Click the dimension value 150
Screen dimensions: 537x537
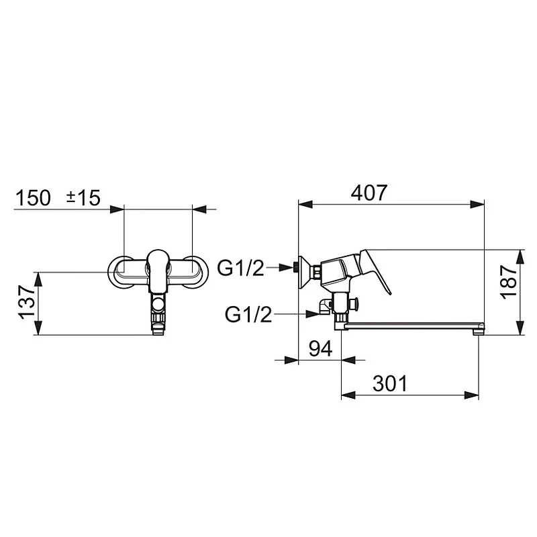pos(33,197)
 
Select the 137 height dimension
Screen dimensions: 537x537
pos(26,303)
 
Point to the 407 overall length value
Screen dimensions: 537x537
pos(369,193)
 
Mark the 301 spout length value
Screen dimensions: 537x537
pos(390,383)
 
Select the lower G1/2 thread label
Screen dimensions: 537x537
pos(248,313)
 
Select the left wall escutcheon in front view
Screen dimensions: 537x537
pos(121,272)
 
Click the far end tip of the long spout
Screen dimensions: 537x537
pos(478,329)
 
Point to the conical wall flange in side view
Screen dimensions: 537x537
pos(305,270)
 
